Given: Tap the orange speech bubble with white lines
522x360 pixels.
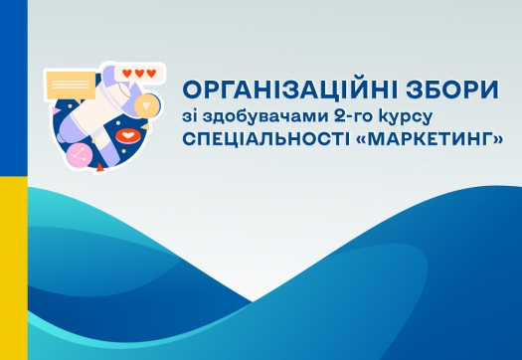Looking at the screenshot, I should click(x=70, y=79).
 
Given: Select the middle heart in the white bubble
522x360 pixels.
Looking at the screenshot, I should click(x=138, y=73).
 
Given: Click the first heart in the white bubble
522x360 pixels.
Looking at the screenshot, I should click(x=126, y=73).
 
